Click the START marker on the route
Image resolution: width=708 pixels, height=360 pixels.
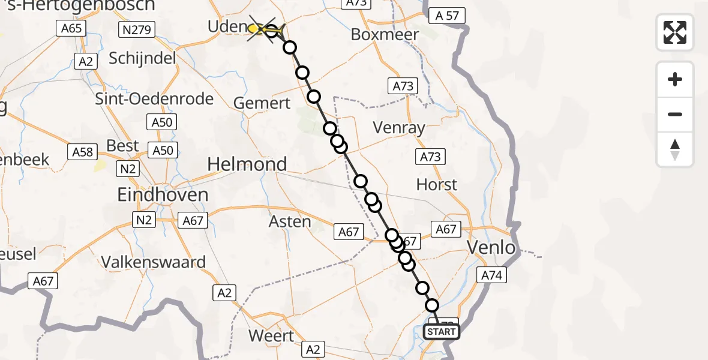[442, 332]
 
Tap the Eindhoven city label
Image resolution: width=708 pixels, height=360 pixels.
[163, 194]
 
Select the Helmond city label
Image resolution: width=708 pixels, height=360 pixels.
[247, 164]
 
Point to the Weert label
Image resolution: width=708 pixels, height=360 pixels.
[271, 335]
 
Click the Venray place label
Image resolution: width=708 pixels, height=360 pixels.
[399, 127]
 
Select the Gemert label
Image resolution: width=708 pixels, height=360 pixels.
[262, 103]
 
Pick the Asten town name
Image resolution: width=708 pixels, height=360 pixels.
[290, 221]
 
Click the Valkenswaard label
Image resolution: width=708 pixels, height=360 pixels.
[154, 262]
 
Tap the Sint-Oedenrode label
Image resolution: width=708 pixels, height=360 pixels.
[154, 98]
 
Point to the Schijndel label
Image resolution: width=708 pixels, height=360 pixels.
[143, 58]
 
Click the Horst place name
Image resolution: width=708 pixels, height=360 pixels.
[437, 184]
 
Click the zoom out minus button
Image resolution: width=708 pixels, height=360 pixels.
[675, 114]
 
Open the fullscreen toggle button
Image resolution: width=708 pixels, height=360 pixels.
[675, 32]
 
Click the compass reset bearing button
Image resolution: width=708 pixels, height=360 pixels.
[675, 149]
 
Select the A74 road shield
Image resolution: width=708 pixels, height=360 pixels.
[491, 275]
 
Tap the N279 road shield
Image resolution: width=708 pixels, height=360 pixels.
[137, 29]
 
